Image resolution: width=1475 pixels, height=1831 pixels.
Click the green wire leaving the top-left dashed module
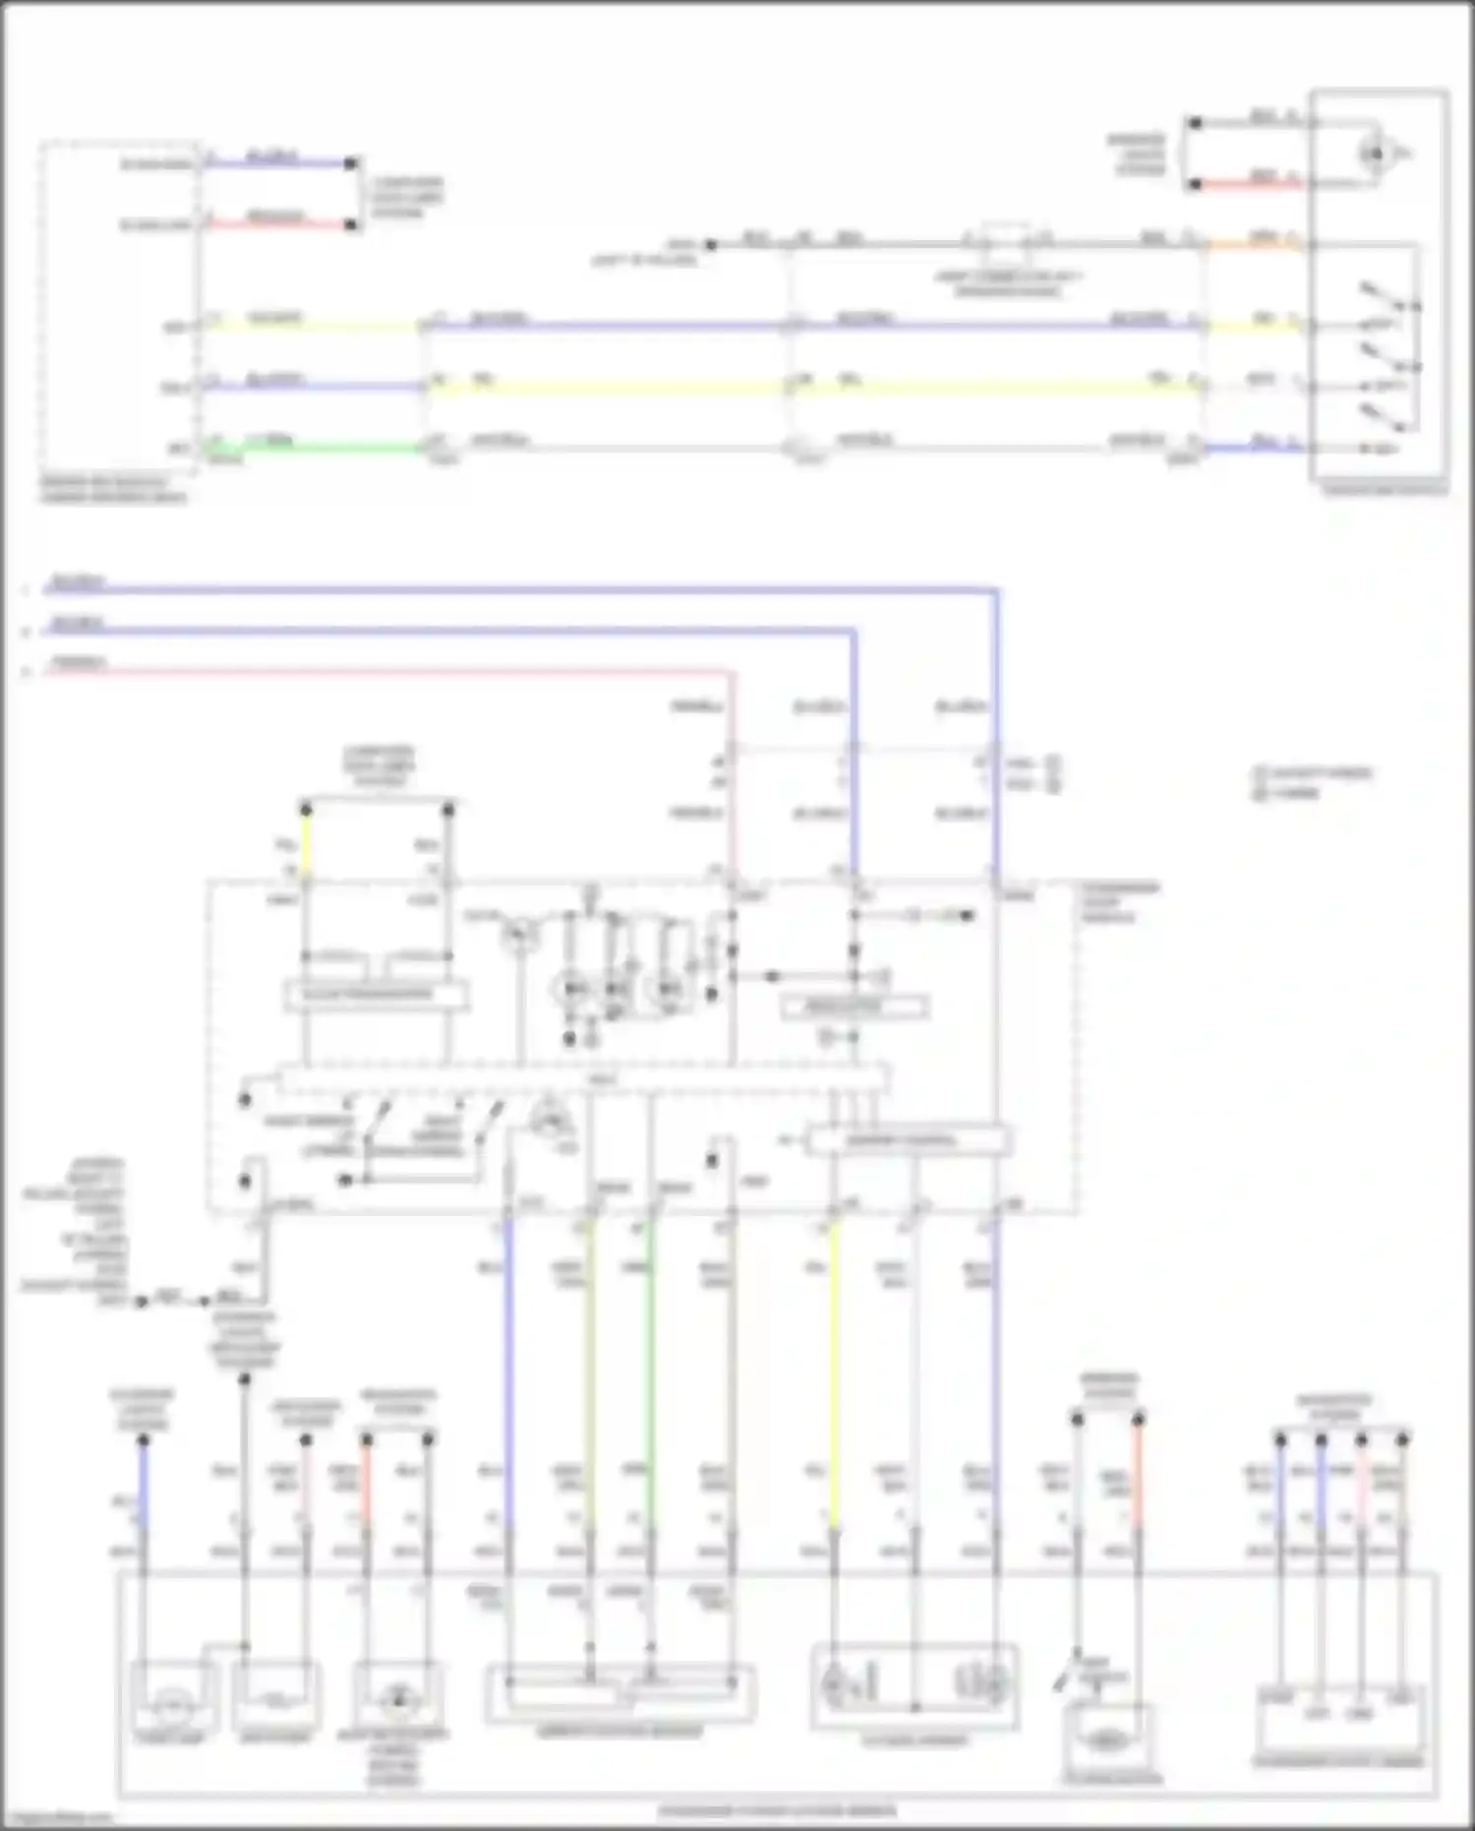click(x=315, y=448)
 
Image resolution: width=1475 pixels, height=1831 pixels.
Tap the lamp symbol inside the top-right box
click(x=1374, y=153)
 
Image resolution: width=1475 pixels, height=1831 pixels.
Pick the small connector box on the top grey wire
click(x=1007, y=237)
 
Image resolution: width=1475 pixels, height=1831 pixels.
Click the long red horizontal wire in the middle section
click(x=393, y=672)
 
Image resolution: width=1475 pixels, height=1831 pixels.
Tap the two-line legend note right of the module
click(x=1313, y=782)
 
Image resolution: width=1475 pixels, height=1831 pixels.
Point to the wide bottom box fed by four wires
click(x=620, y=1693)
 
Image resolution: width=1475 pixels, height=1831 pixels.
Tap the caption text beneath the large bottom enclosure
click(x=777, y=1810)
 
